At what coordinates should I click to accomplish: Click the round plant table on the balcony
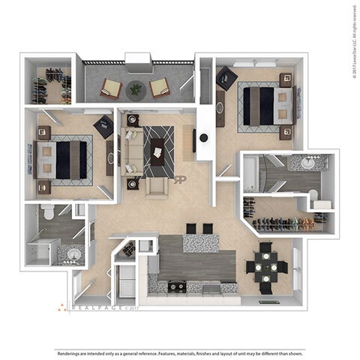(135, 88)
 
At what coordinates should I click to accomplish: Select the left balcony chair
(112, 88)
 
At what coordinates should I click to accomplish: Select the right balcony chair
(159, 88)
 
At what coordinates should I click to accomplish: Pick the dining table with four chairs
(267, 265)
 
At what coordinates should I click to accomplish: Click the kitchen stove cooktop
(176, 286)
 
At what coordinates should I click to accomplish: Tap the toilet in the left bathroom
(49, 214)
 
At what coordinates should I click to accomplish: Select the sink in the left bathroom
(73, 254)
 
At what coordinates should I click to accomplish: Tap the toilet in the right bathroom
(316, 197)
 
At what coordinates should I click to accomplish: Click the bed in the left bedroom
(64, 159)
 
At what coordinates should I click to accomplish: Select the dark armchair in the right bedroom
(226, 77)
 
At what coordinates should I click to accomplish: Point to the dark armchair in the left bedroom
(103, 127)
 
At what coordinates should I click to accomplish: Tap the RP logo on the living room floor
(180, 179)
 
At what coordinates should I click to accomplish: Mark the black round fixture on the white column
(203, 137)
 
